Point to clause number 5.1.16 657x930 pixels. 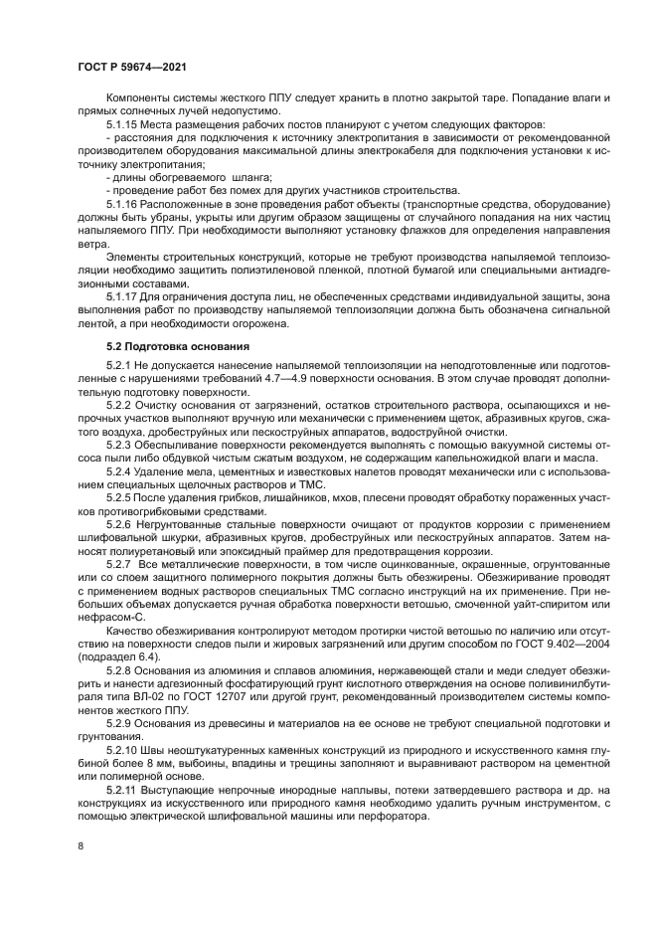121,203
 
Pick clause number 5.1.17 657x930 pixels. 121,296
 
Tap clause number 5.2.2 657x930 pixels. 118,407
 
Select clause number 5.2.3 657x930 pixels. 118,446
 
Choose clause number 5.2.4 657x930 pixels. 118,471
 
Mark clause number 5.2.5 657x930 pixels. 118,497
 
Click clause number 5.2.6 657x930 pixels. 118,524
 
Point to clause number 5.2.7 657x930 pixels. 118,563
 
